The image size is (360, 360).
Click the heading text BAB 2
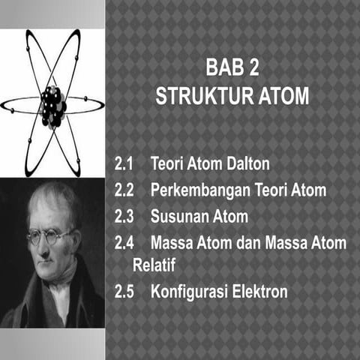(232, 70)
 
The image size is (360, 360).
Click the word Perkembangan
(199, 190)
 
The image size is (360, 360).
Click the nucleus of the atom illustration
(52, 106)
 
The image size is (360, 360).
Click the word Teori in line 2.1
(169, 163)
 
